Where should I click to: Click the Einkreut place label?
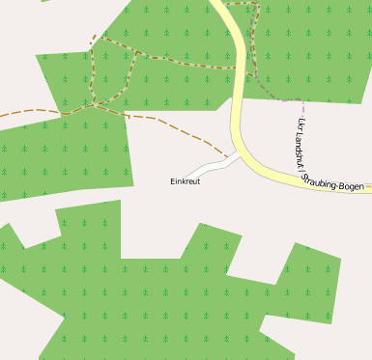[x=185, y=181]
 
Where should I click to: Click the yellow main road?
[x=234, y=77]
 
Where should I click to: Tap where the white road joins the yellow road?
[x=238, y=152]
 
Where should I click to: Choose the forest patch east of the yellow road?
[x=309, y=48]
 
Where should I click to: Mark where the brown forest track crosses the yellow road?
[x=234, y=68]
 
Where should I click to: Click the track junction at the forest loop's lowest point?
[x=93, y=104]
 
